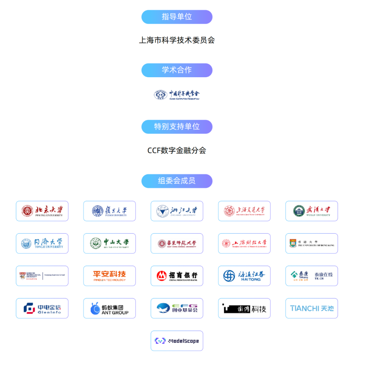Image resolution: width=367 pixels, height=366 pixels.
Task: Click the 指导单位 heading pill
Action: pos(177,17)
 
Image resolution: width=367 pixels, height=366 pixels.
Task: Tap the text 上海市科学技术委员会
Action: pos(177,40)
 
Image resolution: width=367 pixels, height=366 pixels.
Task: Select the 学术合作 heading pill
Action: pos(177,70)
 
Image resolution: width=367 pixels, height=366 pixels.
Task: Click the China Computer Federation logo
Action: pos(177,95)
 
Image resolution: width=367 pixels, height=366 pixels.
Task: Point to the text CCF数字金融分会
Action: pos(177,150)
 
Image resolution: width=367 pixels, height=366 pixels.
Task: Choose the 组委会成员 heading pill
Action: pos(177,181)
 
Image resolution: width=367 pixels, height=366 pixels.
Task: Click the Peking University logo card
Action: pos(42,211)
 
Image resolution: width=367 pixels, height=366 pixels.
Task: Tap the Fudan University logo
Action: pos(109,211)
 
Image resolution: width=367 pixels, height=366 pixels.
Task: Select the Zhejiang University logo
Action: pos(177,211)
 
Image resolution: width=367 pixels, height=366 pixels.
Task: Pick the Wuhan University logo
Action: pos(312,211)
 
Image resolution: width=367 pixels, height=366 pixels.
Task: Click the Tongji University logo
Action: pos(42,243)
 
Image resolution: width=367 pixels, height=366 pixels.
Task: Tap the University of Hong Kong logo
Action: pos(312,243)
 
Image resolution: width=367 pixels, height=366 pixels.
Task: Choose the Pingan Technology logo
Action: pos(109,276)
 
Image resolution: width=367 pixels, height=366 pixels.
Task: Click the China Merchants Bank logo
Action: pos(177,276)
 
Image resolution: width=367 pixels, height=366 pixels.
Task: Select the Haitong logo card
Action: pos(244,276)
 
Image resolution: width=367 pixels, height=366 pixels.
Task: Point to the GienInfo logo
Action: pos(42,308)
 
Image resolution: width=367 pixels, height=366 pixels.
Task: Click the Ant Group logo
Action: pos(109,308)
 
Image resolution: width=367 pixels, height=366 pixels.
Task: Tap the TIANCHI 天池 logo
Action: pos(312,308)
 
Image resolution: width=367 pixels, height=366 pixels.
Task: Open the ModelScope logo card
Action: pos(177,340)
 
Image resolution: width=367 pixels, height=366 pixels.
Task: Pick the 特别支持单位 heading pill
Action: pos(177,127)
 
